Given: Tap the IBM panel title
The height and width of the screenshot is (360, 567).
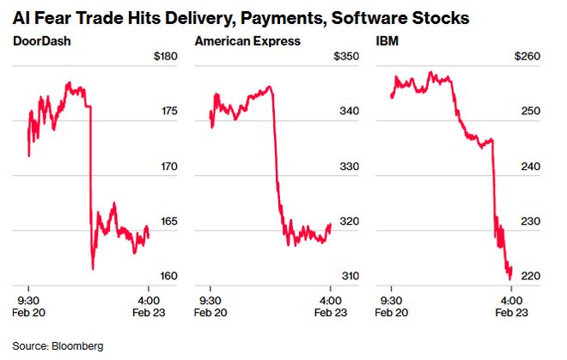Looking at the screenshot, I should tap(387, 40).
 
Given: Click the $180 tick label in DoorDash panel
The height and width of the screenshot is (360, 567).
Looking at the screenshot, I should tap(163, 57).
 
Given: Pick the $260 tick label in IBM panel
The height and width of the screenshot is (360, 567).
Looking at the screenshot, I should tap(526, 57).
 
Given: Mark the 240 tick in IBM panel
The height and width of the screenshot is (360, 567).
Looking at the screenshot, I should tap(529, 167).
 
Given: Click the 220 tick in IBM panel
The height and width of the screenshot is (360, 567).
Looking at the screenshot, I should tap(529, 276).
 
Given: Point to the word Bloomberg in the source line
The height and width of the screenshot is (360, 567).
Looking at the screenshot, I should tap(76, 345).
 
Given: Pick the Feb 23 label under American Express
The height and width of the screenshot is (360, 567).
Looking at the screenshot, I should tap(331, 313).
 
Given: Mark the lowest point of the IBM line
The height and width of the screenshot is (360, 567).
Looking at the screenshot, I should tap(510, 278).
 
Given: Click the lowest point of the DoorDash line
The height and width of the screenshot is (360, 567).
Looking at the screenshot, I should tap(92, 269).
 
